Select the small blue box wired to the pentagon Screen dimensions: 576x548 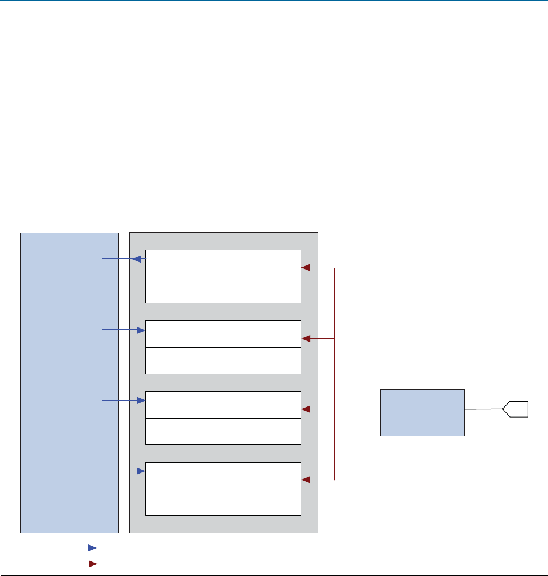[422, 412]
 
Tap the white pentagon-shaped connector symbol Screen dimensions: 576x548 [516, 409]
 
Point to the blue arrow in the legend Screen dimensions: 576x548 [74, 548]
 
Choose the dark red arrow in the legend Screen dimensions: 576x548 [74, 564]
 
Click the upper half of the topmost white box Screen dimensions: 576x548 [223, 263]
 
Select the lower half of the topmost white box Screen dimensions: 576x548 [223, 290]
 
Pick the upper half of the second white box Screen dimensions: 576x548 [223, 334]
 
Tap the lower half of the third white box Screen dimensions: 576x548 [223, 432]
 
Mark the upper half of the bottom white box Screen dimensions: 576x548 [223, 475]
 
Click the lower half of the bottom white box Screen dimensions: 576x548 [223, 502]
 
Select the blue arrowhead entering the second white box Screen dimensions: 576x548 [141, 330]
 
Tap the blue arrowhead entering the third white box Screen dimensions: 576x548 [141, 401]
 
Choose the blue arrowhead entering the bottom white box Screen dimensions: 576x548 [141, 471]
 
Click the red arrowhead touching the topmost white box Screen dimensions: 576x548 [305, 268]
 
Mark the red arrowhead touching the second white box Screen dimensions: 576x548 [305, 339]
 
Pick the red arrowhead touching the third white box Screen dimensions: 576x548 [305, 409]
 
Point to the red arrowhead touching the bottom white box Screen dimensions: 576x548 [305, 480]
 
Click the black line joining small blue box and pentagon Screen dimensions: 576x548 [484, 409]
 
